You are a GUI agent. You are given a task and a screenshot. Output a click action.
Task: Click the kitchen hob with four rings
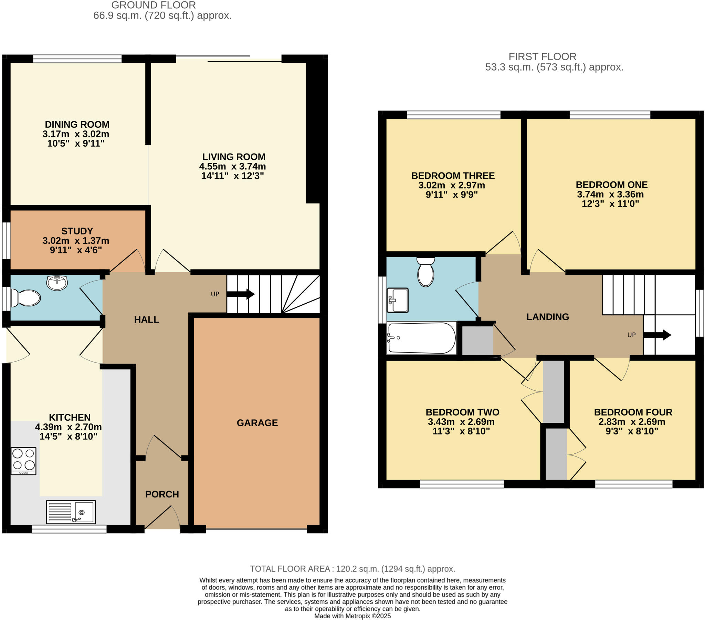(x=23, y=461)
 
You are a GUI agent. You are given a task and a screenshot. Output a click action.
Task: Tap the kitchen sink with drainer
(x=71, y=512)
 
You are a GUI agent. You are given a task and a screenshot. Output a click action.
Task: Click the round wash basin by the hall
(x=57, y=283)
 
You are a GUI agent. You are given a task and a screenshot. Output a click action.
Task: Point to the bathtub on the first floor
(x=421, y=338)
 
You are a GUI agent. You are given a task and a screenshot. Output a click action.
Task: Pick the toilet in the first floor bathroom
(x=425, y=272)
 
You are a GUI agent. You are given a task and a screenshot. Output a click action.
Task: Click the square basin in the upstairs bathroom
(x=398, y=300)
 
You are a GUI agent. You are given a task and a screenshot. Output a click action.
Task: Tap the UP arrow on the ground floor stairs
(x=240, y=294)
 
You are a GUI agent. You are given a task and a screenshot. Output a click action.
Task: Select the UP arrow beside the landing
(x=657, y=335)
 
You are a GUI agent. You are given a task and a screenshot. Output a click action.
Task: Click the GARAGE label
(x=257, y=423)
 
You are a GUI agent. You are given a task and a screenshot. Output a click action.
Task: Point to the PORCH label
(x=162, y=494)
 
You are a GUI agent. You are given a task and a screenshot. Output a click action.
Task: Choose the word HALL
(x=147, y=319)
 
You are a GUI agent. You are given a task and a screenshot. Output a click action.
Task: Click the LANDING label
(x=547, y=317)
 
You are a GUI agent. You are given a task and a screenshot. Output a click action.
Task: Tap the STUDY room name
(x=77, y=231)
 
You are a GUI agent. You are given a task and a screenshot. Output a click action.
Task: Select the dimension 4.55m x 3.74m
(x=232, y=166)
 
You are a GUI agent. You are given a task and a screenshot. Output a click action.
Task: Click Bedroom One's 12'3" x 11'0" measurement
(x=610, y=203)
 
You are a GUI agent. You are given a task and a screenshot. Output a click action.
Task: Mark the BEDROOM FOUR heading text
(x=633, y=412)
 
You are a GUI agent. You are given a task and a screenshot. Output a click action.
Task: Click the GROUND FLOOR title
(x=154, y=5)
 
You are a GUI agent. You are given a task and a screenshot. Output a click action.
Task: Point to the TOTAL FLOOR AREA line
(x=352, y=569)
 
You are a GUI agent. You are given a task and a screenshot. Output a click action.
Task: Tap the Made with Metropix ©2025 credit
(x=352, y=616)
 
